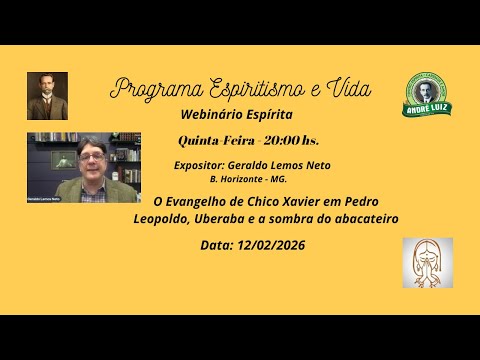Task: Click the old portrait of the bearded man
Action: [47, 96]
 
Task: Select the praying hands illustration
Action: [427, 262]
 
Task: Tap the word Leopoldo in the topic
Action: [163, 219]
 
